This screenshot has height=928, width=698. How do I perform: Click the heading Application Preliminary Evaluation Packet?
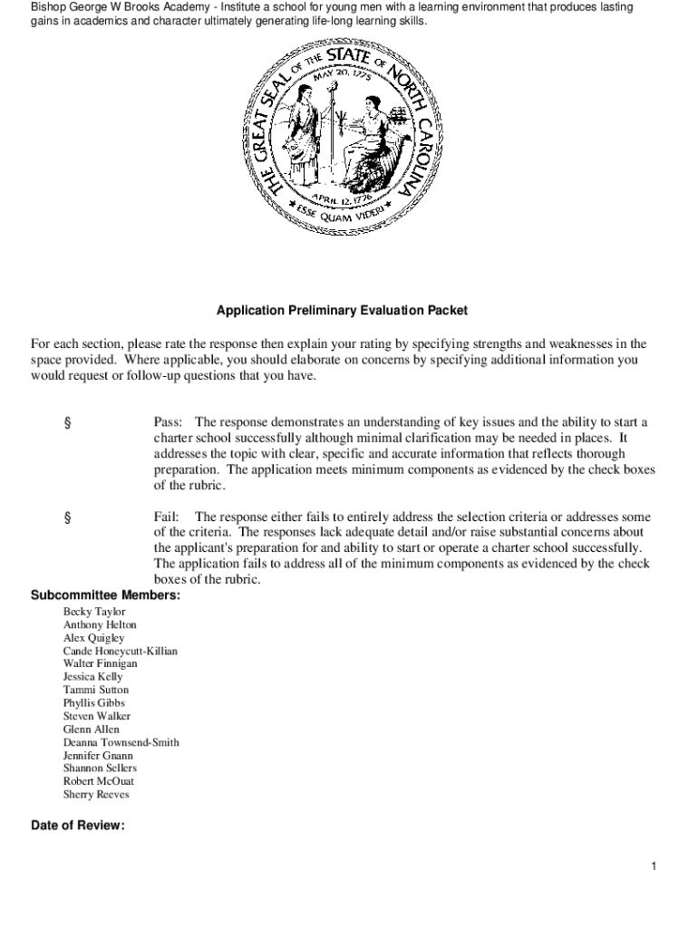pyautogui.click(x=342, y=310)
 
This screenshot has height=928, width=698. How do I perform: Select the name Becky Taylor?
pyautogui.click(x=94, y=612)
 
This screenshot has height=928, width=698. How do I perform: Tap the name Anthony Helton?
pyautogui.click(x=101, y=624)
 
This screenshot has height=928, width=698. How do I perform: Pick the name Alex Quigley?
pyautogui.click(x=94, y=638)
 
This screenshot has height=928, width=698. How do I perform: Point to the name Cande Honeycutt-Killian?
pyautogui.click(x=121, y=651)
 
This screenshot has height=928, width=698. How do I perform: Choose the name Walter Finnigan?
pyautogui.click(x=101, y=663)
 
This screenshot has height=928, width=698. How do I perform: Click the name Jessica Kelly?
pyautogui.click(x=92, y=677)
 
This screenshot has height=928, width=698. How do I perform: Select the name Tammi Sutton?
pyautogui.click(x=96, y=690)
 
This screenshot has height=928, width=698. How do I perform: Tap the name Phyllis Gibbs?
pyautogui.click(x=94, y=702)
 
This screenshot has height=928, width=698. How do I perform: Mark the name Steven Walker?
pyautogui.click(x=97, y=716)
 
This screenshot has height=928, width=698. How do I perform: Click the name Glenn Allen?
pyautogui.click(x=91, y=729)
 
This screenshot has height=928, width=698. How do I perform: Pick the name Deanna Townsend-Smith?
pyautogui.click(x=121, y=742)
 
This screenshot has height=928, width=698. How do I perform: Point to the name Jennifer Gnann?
pyautogui.click(x=98, y=755)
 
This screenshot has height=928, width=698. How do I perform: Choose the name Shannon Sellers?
pyautogui.click(x=100, y=768)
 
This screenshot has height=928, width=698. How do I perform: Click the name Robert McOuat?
pyautogui.click(x=99, y=781)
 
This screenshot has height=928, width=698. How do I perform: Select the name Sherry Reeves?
pyautogui.click(x=96, y=795)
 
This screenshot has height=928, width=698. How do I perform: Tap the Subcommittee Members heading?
pyautogui.click(x=105, y=595)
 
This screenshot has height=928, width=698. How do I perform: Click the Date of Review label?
pyautogui.click(x=77, y=826)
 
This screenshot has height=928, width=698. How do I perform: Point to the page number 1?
pyautogui.click(x=653, y=867)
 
